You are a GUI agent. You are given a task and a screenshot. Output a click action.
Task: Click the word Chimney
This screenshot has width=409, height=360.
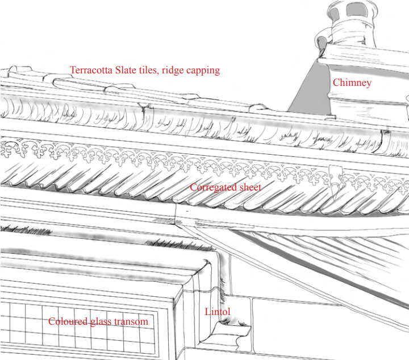pos(352,83)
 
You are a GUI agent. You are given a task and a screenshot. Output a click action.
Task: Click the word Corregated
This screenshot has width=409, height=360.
pos(212,187)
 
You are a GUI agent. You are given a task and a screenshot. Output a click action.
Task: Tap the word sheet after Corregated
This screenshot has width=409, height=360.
pos(249,187)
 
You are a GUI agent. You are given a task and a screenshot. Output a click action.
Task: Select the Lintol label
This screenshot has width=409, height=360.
pos(217,312)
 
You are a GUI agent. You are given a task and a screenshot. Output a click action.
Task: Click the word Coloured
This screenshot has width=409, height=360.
pos(68,321)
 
